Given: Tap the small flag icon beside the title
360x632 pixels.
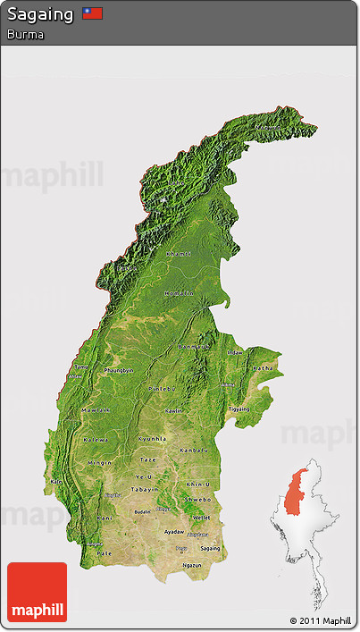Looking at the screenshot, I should (x=92, y=13).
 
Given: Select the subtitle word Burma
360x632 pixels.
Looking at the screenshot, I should (x=25, y=34).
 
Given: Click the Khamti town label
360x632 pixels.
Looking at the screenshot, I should (x=179, y=254).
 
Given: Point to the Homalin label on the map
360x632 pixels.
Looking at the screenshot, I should (x=179, y=293).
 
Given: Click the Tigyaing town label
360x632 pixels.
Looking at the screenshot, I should (x=239, y=408).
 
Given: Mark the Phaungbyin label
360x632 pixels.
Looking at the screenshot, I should (x=119, y=370).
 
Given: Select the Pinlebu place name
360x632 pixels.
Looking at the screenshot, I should (x=162, y=389).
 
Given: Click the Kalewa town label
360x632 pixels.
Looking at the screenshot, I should (x=96, y=440).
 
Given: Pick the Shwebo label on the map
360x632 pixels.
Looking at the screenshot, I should (x=198, y=500).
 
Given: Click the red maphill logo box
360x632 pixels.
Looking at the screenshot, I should (x=37, y=592).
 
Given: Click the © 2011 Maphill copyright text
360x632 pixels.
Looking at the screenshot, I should (x=320, y=620).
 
